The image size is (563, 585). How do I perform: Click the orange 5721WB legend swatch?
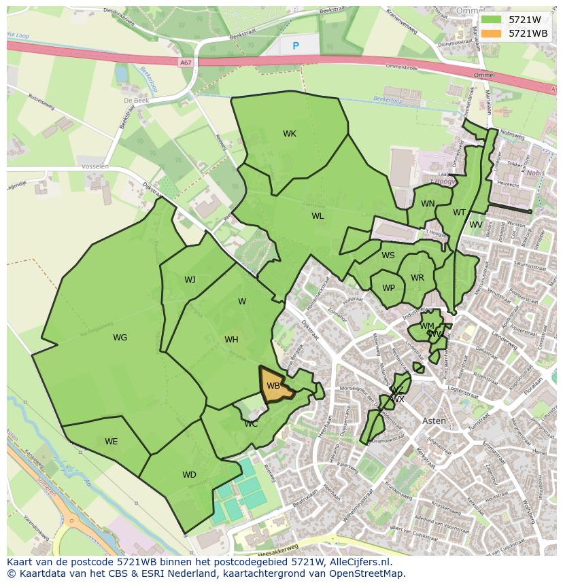click(492, 33)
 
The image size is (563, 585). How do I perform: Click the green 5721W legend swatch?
click(492, 20)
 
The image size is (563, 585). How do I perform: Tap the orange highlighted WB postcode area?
click(275, 385)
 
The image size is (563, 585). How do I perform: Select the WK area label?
click(290, 134)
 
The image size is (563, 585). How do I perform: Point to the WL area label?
click(318, 216)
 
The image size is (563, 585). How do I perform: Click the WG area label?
click(120, 338)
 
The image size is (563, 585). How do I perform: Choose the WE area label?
click(112, 442)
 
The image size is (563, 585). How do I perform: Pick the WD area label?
click(189, 475)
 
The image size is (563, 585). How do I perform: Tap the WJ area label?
click(190, 280)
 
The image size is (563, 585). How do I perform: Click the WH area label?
click(231, 340)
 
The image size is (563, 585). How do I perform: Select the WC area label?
click(251, 424)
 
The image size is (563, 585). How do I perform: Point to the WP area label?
click(388, 288)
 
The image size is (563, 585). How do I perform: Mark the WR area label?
click(417, 278)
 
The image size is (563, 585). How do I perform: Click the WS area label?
click(388, 255)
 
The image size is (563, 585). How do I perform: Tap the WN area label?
click(428, 204)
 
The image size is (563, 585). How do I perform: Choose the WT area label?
click(460, 213)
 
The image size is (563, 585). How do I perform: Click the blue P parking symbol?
click(296, 46)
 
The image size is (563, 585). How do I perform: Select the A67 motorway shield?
click(186, 63)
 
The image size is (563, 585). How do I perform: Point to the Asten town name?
click(434, 421)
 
